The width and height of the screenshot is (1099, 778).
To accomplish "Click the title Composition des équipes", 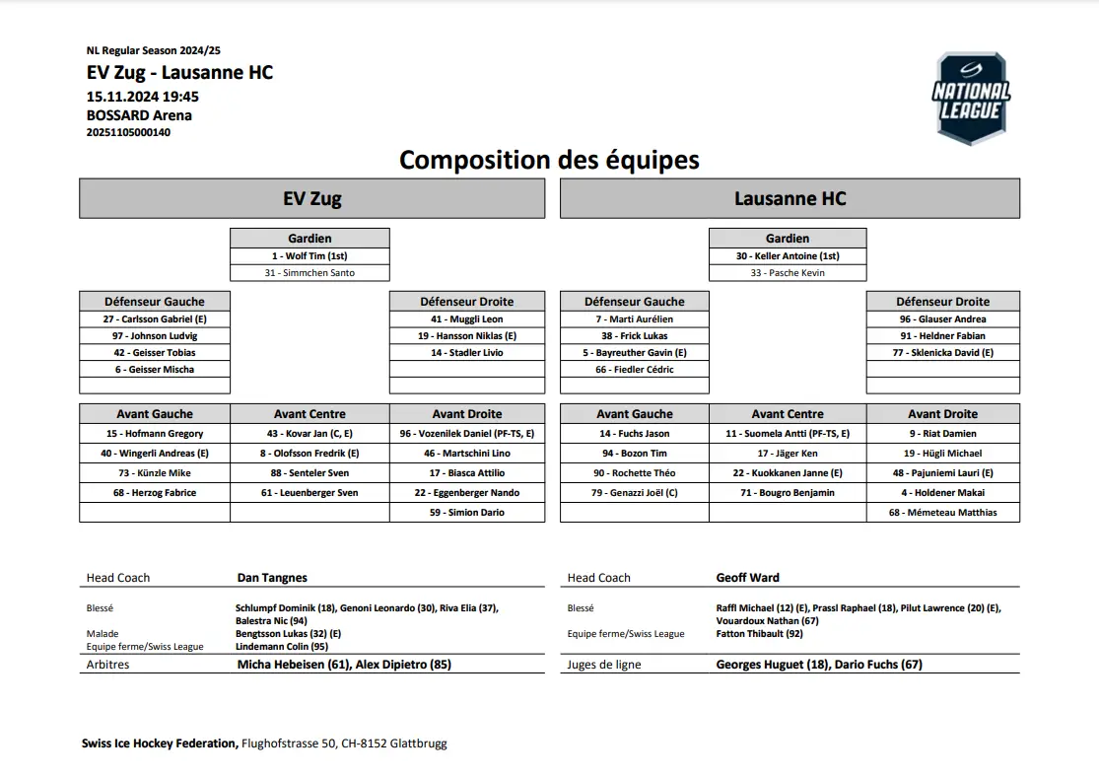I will [549, 160].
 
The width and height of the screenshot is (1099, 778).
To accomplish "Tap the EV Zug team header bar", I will [311, 198].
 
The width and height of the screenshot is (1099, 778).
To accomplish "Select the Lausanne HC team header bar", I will [790, 198].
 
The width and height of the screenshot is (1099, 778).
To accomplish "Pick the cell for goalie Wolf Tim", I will [309, 255].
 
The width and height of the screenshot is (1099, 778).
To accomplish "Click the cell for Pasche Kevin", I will [788, 272].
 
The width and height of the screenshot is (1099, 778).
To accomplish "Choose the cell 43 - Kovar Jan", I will [309, 434].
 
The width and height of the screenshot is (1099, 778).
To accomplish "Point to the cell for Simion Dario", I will [467, 513].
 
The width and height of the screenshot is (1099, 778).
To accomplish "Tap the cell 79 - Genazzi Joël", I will [634, 493].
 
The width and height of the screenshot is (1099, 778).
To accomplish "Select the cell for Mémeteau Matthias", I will [942, 513].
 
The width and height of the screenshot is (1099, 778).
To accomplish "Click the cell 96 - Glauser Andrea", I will [942, 319].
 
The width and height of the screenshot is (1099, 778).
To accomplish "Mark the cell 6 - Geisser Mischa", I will [154, 370].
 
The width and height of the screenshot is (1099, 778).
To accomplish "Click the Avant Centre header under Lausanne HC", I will [788, 414].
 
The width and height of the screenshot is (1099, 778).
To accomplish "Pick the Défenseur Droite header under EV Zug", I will [467, 302].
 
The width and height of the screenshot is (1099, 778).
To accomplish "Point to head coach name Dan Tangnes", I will [272, 578].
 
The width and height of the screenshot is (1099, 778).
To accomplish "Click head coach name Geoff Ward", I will [748, 578].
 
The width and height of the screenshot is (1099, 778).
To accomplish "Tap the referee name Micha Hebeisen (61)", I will [294, 665].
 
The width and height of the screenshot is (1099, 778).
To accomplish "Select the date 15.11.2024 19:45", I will [143, 97].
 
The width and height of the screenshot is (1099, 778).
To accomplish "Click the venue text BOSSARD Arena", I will [139, 115].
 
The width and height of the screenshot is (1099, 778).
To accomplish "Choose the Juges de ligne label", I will [604, 665].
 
